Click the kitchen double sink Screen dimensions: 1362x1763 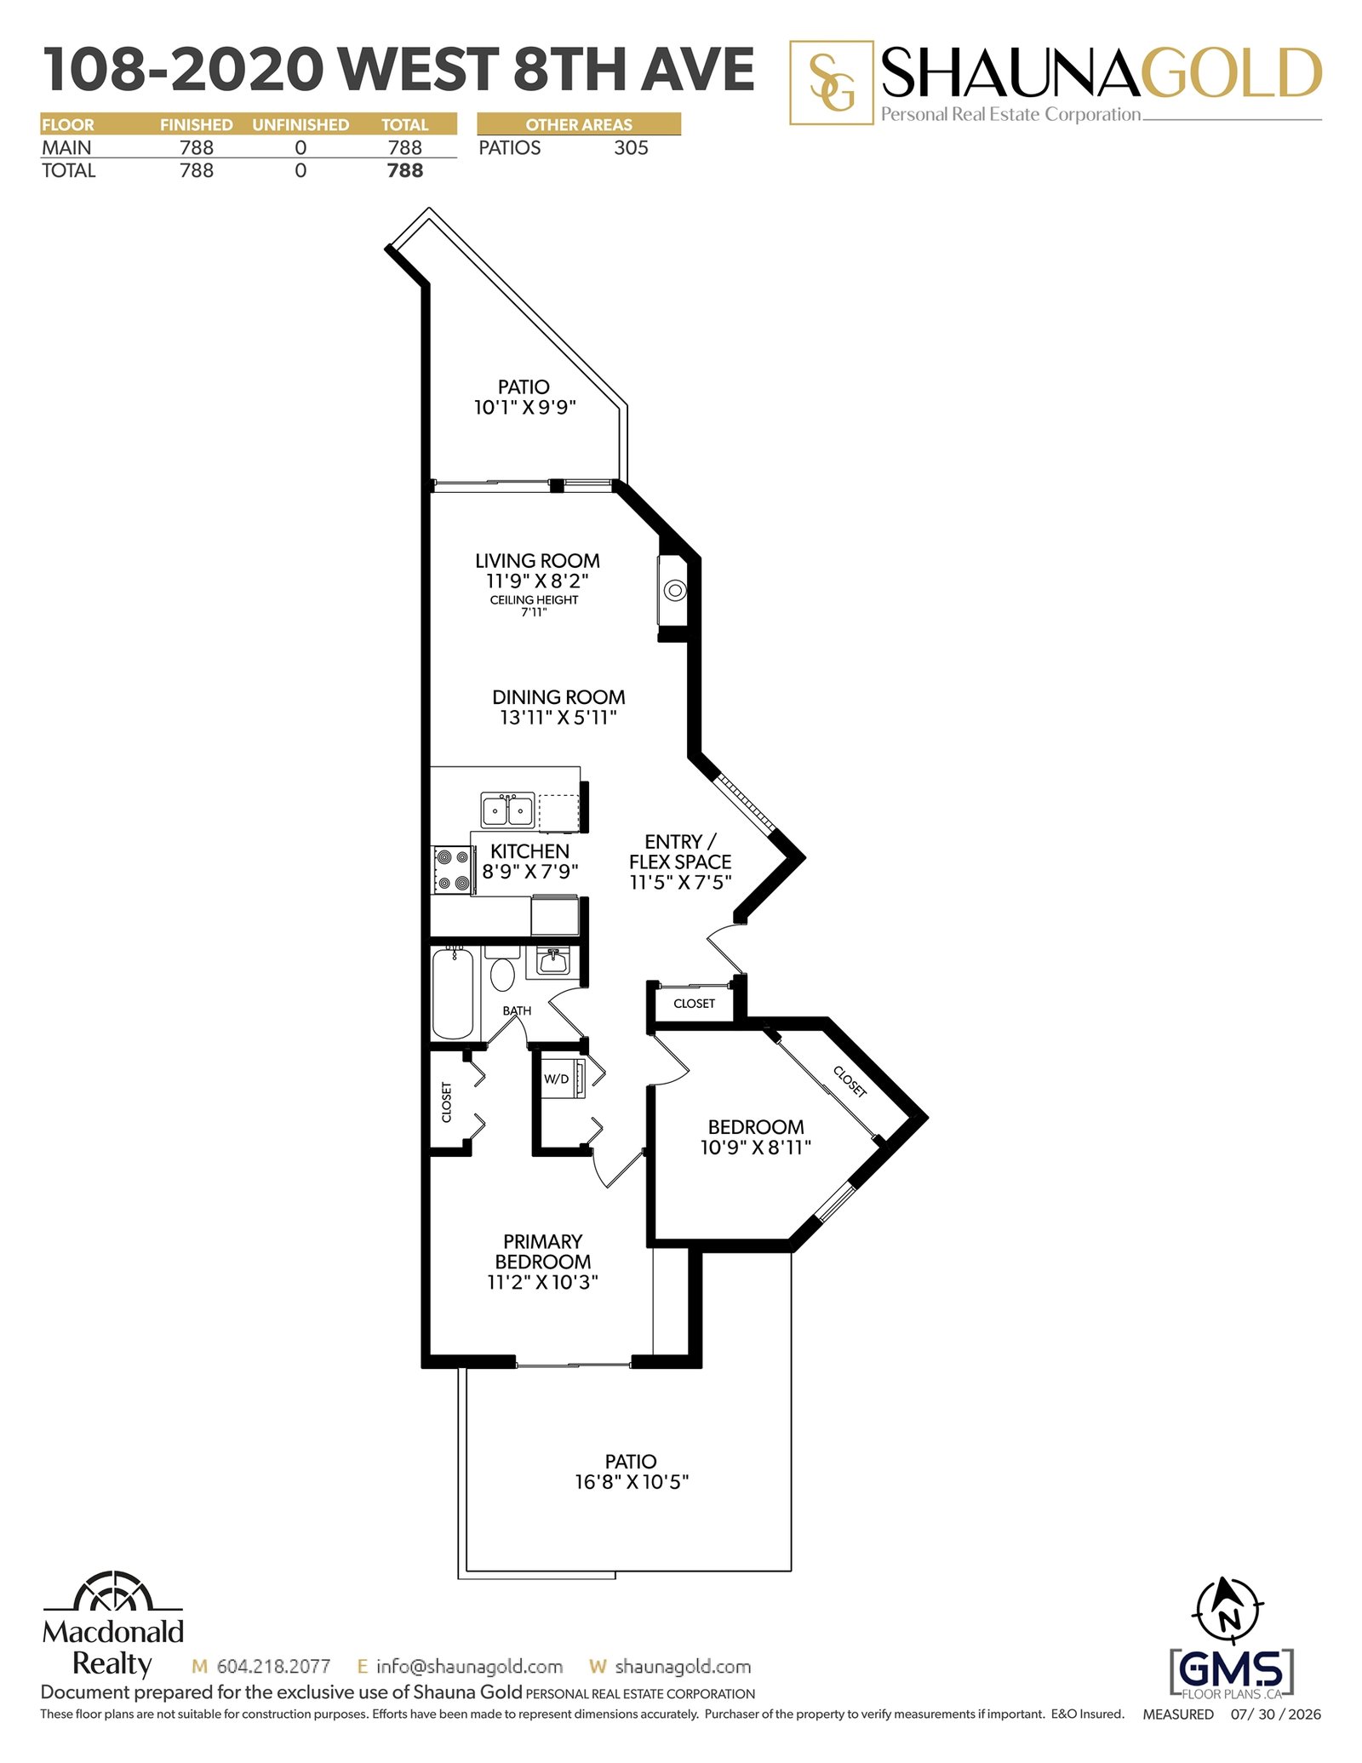[x=507, y=810]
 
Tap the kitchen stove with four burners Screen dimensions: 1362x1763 [x=452, y=869]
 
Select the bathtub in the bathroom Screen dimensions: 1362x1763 [x=453, y=993]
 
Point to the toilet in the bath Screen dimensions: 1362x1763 [x=501, y=969]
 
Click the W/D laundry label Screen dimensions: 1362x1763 [x=556, y=1079]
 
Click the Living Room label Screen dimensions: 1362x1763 [x=537, y=561]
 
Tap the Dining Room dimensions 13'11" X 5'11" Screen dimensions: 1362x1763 [x=558, y=718]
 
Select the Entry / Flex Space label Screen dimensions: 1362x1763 [x=680, y=851]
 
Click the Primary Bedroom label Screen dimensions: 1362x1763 [x=543, y=1251]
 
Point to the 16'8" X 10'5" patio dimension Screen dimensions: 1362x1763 [x=632, y=1482]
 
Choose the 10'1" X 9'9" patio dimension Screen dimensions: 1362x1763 [x=525, y=407]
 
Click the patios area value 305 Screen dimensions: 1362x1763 [x=631, y=148]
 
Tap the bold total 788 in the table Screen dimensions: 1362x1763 [x=404, y=171]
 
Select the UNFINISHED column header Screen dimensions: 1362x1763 [x=300, y=124]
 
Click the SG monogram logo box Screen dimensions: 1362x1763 [x=832, y=83]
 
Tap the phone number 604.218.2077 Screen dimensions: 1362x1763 [x=273, y=1667]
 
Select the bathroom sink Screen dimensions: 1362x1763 [x=552, y=961]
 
